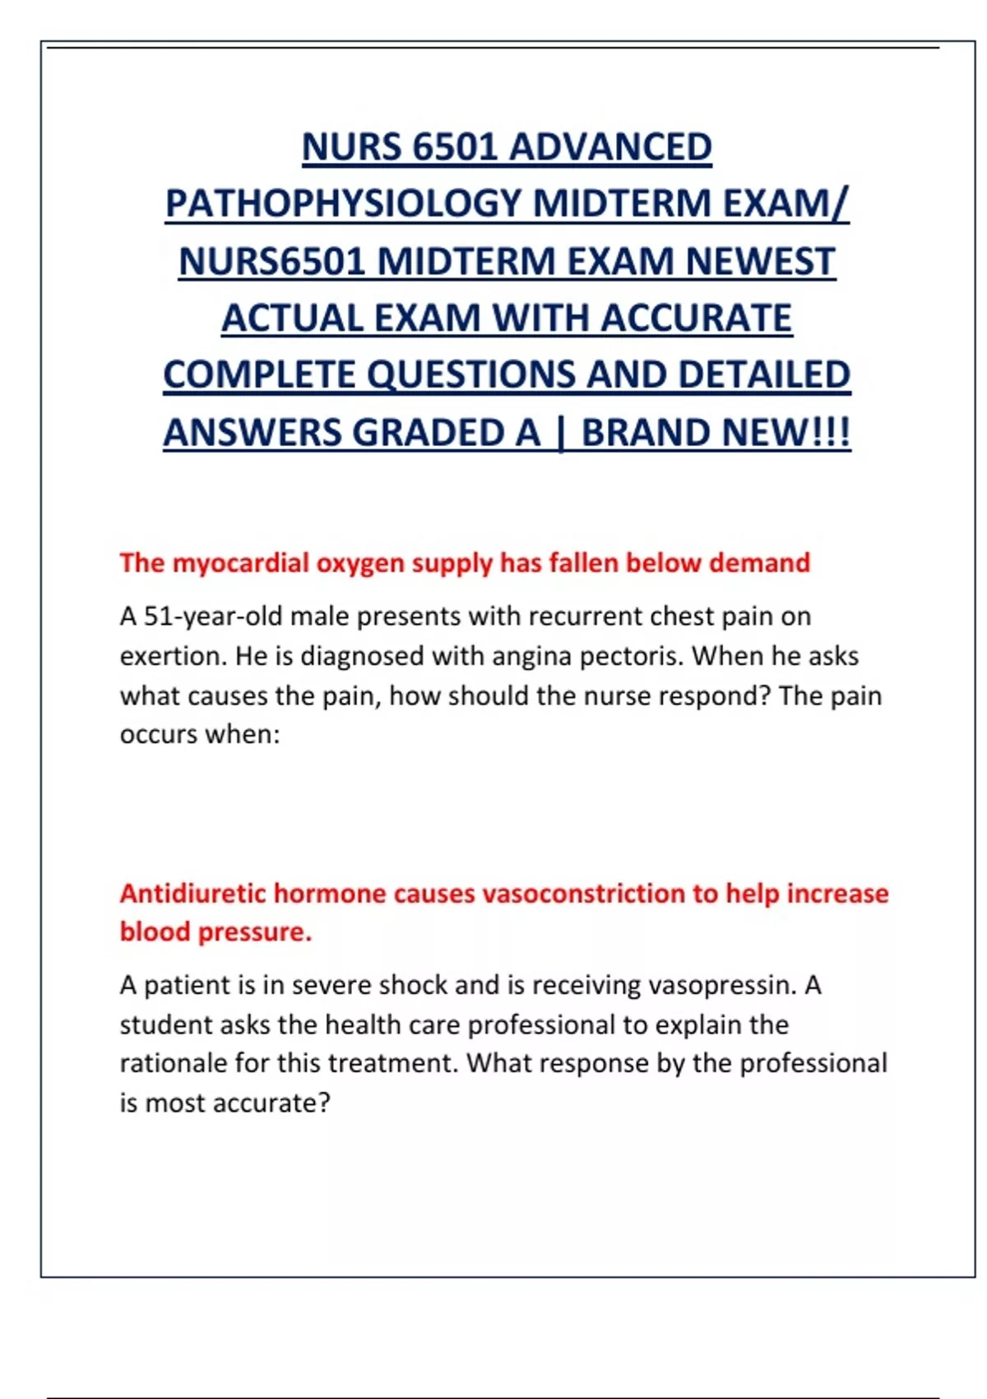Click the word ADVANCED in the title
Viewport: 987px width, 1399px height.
(610, 148)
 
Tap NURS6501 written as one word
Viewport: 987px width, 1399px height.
(271, 262)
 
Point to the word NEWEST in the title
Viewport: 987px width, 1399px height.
(760, 262)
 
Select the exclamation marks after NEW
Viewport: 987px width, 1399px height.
(832, 433)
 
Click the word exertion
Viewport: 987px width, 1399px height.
(172, 656)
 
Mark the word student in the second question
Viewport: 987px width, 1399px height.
(168, 1025)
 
